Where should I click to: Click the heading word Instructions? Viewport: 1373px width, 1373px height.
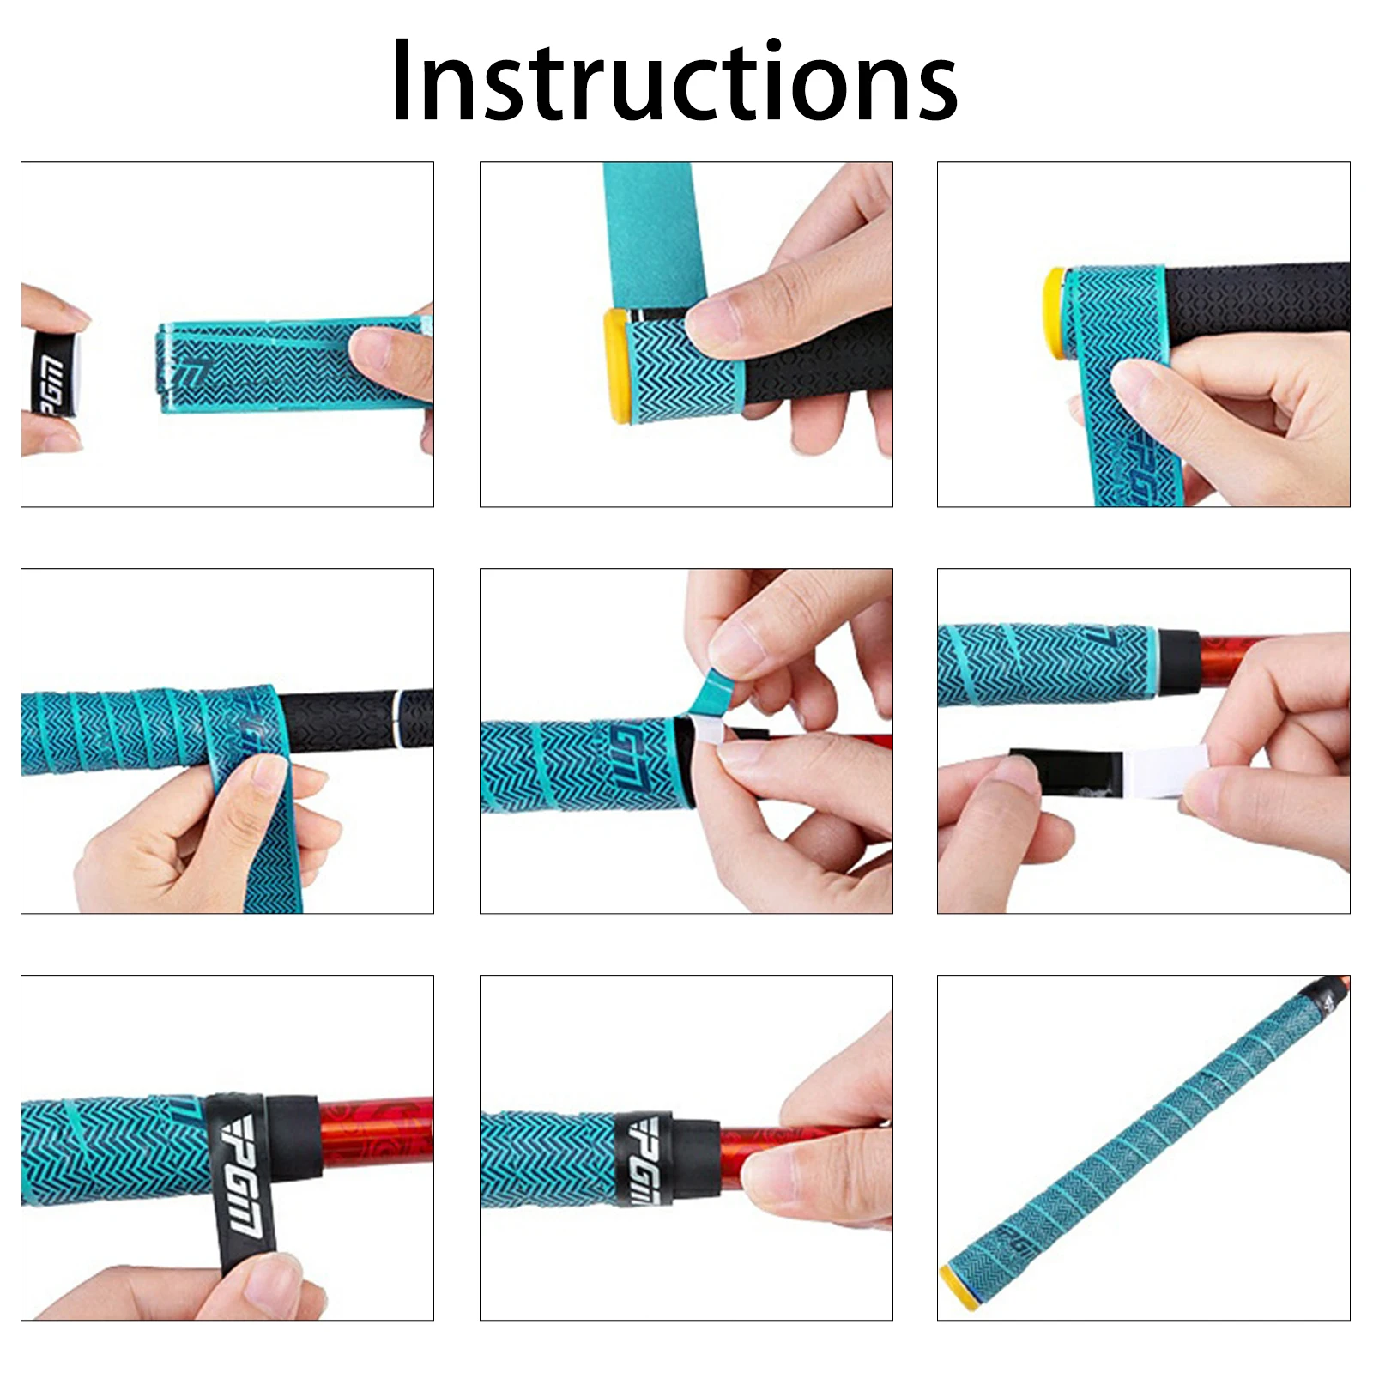[674, 82]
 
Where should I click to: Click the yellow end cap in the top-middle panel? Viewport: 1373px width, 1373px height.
[617, 366]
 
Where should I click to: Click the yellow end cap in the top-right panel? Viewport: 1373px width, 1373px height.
[1055, 312]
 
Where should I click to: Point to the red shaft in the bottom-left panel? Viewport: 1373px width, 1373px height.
[378, 1133]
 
